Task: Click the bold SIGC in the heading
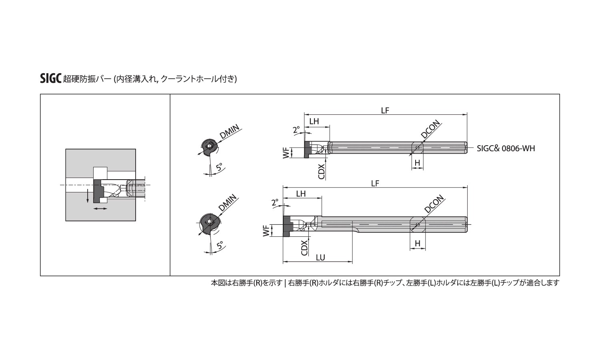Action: pyautogui.click(x=51, y=79)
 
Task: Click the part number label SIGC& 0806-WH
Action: pyautogui.click(x=506, y=148)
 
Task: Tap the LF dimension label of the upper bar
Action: pyautogui.click(x=385, y=110)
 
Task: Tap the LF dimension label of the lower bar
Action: pyautogui.click(x=375, y=183)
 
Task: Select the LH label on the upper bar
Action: pyautogui.click(x=314, y=121)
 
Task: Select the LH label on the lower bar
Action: pyautogui.click(x=301, y=194)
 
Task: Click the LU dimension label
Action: pyautogui.click(x=320, y=258)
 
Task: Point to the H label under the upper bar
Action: pyautogui.click(x=417, y=162)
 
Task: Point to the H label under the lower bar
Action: pyautogui.click(x=417, y=243)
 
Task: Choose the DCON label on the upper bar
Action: pyautogui.click(x=430, y=129)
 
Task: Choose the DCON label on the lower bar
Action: pyautogui.click(x=434, y=204)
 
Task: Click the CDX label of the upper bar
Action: pyautogui.click(x=321, y=172)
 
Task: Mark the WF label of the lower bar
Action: pyautogui.click(x=266, y=231)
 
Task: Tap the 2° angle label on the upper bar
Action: pyautogui.click(x=296, y=130)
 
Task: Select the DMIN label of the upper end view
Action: pyautogui.click(x=229, y=132)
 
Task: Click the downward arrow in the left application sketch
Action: pyautogui.click(x=88, y=196)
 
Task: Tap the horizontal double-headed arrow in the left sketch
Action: pyautogui.click(x=100, y=208)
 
